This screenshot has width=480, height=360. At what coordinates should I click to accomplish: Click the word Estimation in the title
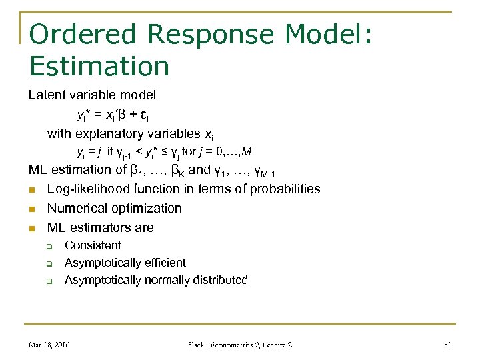pos(99,66)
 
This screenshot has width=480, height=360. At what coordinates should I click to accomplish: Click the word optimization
pos(146,209)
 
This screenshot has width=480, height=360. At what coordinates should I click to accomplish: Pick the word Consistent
pos(93,245)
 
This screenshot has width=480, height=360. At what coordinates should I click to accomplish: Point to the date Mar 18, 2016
pos(50,345)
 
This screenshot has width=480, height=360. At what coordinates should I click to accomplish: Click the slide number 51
pos(447,345)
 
